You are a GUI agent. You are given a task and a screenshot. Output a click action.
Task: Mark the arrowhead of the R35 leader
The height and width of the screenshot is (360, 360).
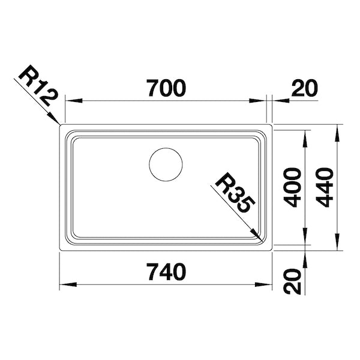tap(258, 236)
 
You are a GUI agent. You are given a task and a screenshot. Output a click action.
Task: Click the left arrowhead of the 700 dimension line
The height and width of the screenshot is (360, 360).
tap(70, 101)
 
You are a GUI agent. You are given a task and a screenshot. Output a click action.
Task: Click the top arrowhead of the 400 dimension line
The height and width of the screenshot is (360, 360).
tap(307, 136)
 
